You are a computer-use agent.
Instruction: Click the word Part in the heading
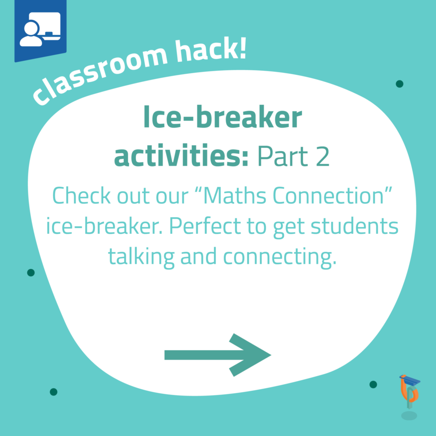[283, 156]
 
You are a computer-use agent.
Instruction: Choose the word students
[355, 226]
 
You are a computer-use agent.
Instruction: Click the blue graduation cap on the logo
[410, 380]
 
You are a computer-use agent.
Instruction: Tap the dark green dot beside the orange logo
[373, 384]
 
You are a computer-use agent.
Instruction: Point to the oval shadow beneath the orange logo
[409, 416]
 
